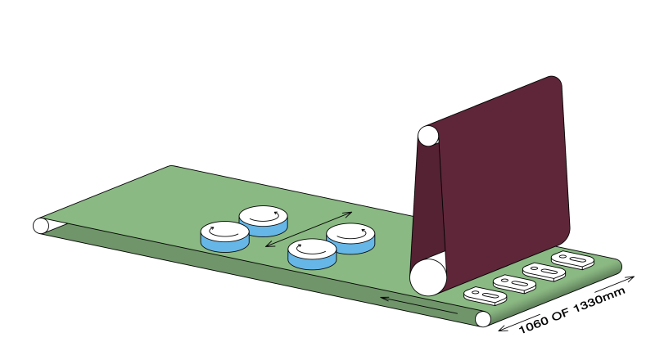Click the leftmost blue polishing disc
pyautogui.click(x=224, y=236)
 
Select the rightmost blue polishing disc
pyautogui.click(x=350, y=237)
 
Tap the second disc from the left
pyautogui.click(x=263, y=219)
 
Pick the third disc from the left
pyautogui.click(x=312, y=254)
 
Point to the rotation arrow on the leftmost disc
pyautogui.click(x=224, y=230)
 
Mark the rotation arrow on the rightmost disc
pyautogui.click(x=350, y=232)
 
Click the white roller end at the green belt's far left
pyautogui.click(x=40, y=225)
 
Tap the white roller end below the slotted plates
pyautogui.click(x=483, y=318)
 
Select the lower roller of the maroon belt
pyautogui.click(x=427, y=277)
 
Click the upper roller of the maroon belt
pyautogui.click(x=427, y=136)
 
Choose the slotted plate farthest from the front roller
pyautogui.click(x=571, y=260)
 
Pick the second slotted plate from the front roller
pyautogui.click(x=509, y=283)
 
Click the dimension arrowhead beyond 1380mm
pyautogui.click(x=631, y=278)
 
